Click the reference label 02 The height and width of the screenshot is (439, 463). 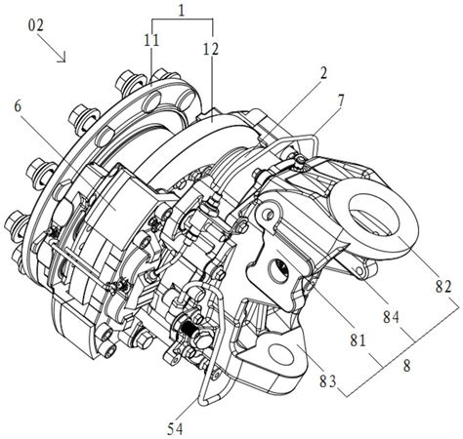click(35, 25)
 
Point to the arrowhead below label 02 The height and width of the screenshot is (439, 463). click(63, 58)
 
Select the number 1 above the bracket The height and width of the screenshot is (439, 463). click(182, 11)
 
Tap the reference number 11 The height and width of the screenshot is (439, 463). click(151, 40)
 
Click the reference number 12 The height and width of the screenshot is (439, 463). click(210, 49)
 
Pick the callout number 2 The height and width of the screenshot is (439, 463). click(322, 73)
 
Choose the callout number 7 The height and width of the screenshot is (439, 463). click(340, 101)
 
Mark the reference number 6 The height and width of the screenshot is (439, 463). click(18, 107)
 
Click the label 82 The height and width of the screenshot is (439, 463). click(443, 287)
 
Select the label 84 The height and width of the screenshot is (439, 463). click(391, 317)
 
